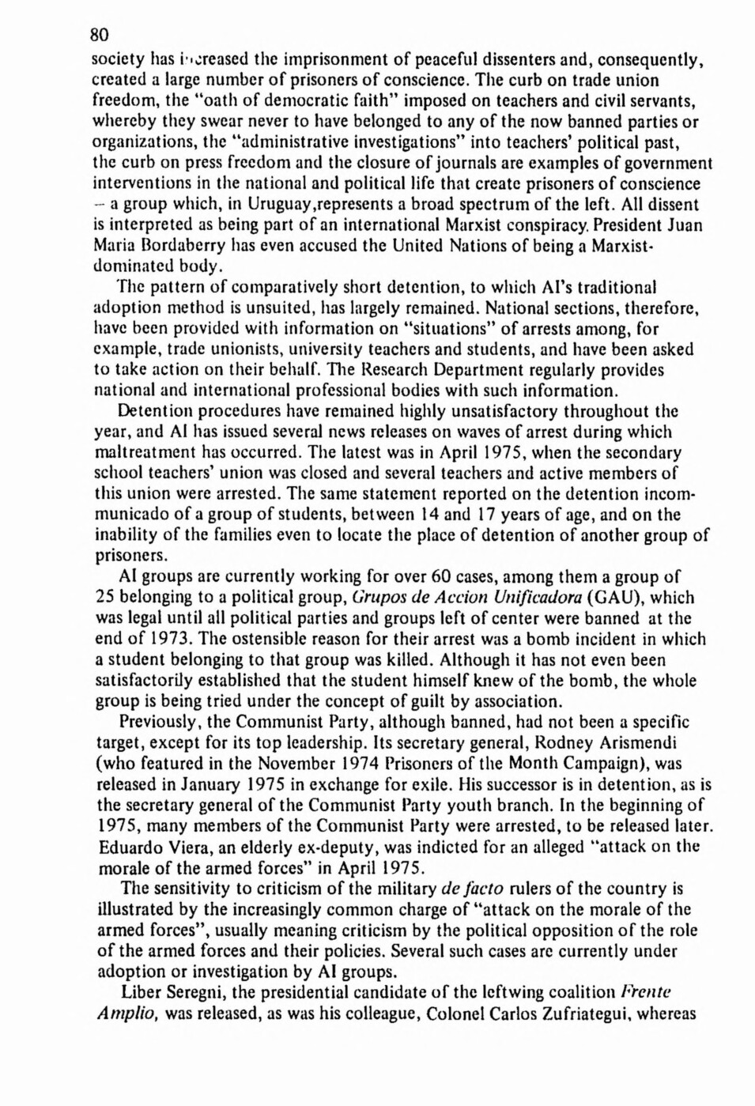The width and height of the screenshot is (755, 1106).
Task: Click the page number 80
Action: [99, 35]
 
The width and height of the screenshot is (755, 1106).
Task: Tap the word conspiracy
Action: [591, 225]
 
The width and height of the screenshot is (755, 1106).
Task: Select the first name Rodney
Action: [566, 742]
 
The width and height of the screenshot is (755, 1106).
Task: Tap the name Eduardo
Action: [132, 847]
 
